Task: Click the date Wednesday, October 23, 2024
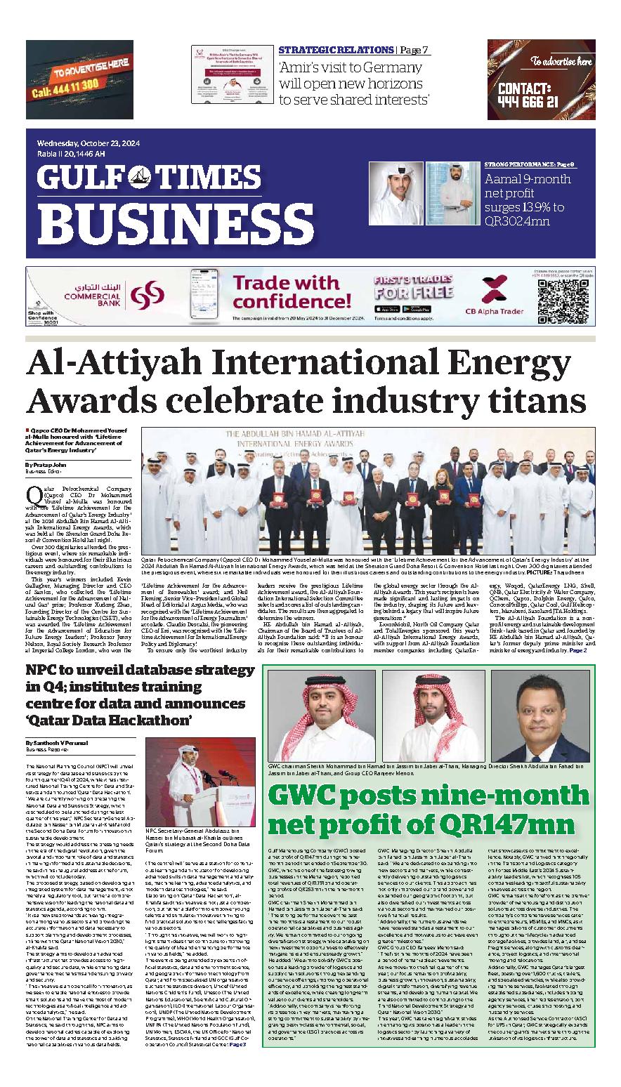pos(89,144)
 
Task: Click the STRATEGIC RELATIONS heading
pos(336,50)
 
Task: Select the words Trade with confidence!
pos(285,291)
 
